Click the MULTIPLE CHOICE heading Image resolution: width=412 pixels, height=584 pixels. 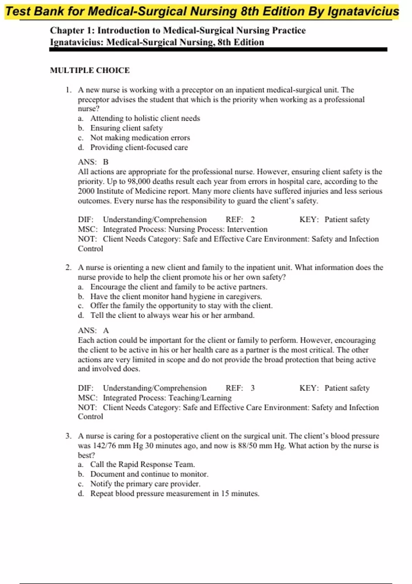(90, 70)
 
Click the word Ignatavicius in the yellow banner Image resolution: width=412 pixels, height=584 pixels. (363, 12)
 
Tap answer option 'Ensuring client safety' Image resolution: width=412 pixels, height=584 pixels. (126, 128)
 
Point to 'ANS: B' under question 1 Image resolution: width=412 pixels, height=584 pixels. (93, 162)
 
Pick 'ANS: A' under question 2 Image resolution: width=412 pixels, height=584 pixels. (93, 330)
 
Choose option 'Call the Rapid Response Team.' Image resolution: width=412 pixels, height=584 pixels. (142, 464)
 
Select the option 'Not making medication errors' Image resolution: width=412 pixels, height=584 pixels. (140, 138)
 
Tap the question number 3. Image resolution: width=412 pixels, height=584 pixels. (68, 436)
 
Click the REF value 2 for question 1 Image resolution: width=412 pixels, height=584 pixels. (253, 220)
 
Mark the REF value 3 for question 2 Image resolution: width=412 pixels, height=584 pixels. (253, 388)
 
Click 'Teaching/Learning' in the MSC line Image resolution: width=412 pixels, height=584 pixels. (200, 398)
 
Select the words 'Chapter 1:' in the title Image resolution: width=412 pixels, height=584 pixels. (72, 31)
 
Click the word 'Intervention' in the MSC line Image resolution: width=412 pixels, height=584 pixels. (247, 229)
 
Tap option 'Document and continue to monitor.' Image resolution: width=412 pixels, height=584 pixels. (149, 474)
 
